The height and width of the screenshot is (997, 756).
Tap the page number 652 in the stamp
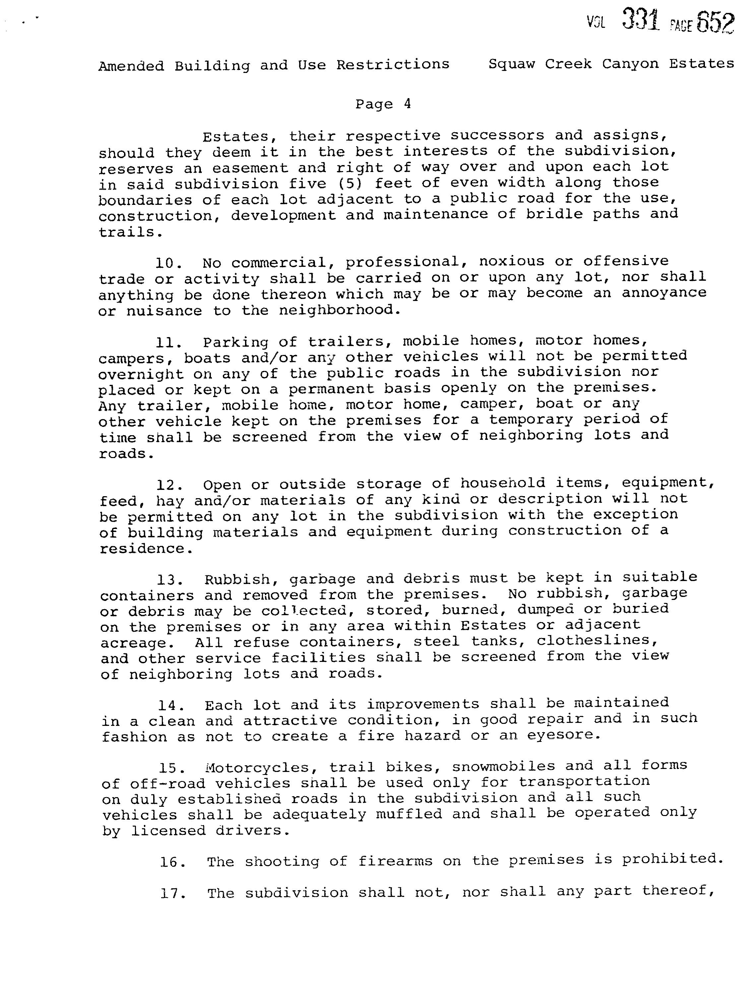click(716, 22)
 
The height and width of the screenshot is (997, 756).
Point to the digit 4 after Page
click(407, 104)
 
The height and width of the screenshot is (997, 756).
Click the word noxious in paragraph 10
click(512, 262)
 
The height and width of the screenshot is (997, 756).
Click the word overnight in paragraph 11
click(141, 375)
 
